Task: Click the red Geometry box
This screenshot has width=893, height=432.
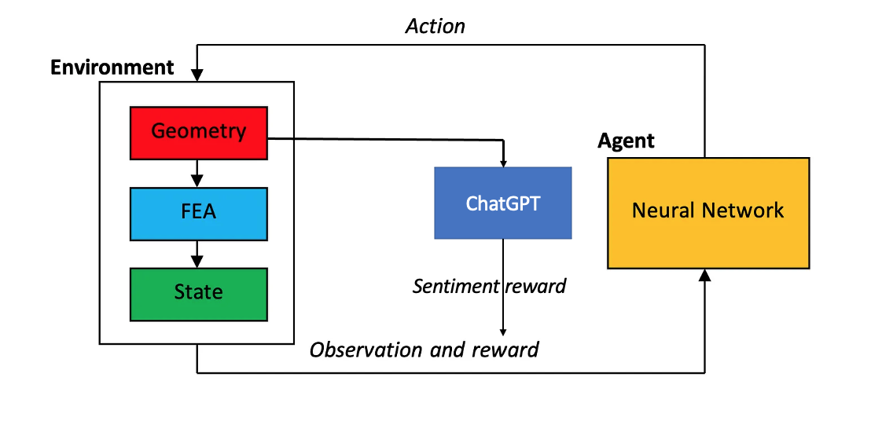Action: [x=198, y=131]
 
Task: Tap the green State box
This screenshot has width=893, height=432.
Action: [x=198, y=294]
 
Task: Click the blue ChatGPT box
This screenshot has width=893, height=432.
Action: [x=502, y=203]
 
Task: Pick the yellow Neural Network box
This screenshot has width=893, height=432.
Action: [x=707, y=213]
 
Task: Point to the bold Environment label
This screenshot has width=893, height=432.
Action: [x=112, y=68]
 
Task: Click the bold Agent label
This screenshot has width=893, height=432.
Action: [x=626, y=141]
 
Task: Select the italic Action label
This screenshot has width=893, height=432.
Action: [x=435, y=26]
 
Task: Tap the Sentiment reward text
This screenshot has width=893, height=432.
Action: [x=489, y=286]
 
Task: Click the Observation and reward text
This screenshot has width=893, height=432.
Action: [x=424, y=350]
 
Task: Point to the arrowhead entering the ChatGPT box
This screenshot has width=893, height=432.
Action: [x=502, y=161]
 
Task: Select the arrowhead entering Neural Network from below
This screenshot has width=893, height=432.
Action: [x=705, y=275]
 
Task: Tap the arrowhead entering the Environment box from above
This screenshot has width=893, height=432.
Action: [x=197, y=75]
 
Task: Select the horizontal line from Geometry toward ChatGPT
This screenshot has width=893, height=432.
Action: [x=385, y=140]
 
